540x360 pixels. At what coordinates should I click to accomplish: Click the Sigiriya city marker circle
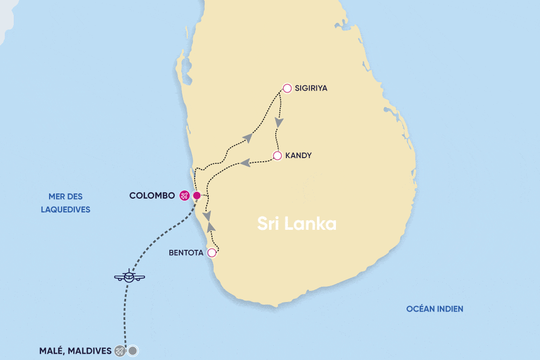[287, 88]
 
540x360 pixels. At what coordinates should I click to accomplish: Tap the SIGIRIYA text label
[311, 88]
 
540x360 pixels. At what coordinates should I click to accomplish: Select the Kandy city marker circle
[277, 155]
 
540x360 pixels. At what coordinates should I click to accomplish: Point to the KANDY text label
[299, 155]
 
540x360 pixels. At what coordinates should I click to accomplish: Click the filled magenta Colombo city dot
[197, 196]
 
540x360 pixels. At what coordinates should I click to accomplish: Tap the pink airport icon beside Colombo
[184, 196]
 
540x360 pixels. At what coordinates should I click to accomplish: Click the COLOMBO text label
[152, 196]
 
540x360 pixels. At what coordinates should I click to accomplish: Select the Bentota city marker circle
[212, 252]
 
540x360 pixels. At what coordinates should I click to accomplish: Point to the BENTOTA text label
[185, 252]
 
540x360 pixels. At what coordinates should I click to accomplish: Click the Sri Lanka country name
[297, 223]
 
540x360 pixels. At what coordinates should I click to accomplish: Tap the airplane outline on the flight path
[129, 276]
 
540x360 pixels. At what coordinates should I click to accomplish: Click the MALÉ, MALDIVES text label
[75, 351]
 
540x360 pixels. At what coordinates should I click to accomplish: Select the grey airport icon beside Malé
[120, 351]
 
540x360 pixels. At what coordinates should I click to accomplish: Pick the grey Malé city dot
[133, 351]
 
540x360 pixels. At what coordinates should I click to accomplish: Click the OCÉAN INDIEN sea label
[435, 309]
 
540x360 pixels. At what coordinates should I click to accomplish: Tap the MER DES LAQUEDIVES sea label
[65, 203]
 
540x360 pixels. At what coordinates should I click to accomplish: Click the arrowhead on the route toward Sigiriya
[248, 137]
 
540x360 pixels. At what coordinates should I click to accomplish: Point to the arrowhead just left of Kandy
[245, 163]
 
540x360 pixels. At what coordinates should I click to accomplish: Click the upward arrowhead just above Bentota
[211, 227]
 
